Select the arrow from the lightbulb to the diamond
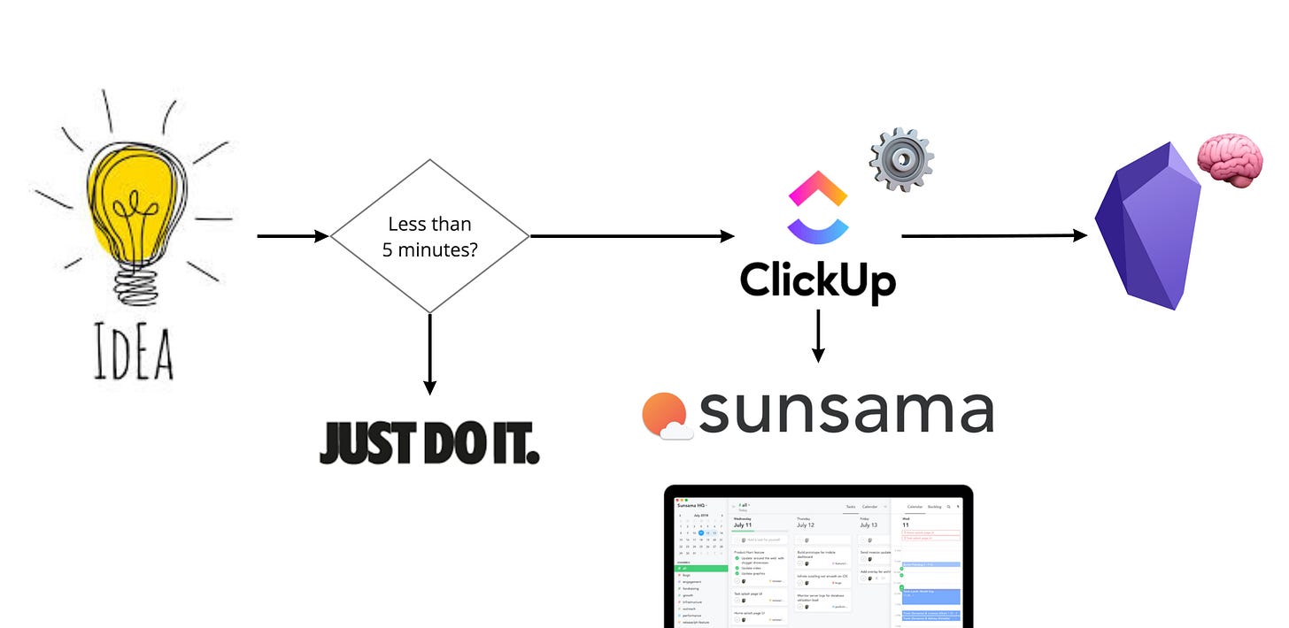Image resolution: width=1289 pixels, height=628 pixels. tap(292, 236)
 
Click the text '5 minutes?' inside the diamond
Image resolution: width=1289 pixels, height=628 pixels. tap(429, 249)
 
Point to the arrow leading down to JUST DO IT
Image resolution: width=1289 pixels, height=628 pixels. tap(429, 354)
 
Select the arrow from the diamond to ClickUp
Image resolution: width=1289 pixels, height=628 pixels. tap(632, 236)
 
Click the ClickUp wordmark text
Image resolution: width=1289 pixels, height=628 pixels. tap(817, 280)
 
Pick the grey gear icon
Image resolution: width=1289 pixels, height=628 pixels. tap(901, 159)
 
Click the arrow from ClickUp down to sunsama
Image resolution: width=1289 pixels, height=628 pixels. tap(817, 336)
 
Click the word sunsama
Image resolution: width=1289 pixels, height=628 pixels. tap(845, 411)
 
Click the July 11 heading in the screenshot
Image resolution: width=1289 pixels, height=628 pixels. tap(749, 525)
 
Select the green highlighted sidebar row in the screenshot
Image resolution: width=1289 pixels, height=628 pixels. tap(699, 569)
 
